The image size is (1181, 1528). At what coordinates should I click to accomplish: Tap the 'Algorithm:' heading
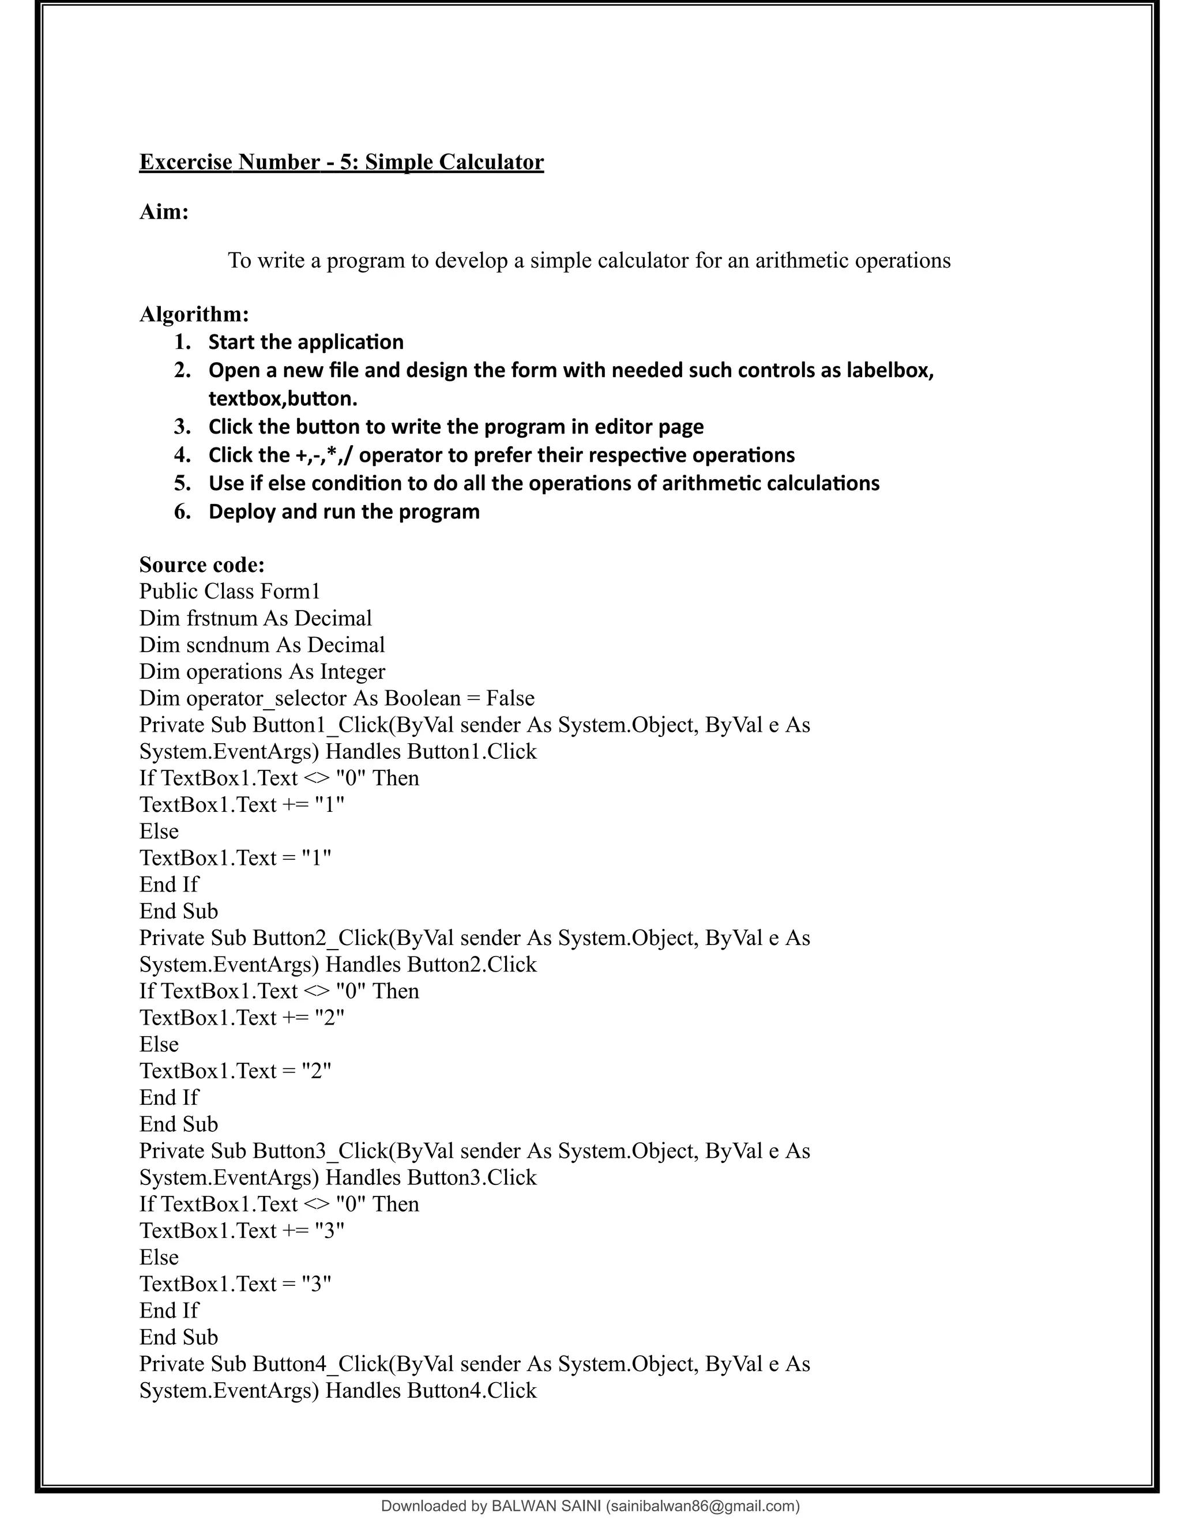click(x=194, y=314)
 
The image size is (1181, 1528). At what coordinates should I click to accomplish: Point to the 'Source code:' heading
click(x=201, y=564)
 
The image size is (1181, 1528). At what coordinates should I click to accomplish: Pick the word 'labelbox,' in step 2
click(x=890, y=370)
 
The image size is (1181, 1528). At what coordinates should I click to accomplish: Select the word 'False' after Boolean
click(x=510, y=698)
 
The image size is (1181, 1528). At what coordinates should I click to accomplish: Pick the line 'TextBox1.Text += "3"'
click(x=242, y=1230)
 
